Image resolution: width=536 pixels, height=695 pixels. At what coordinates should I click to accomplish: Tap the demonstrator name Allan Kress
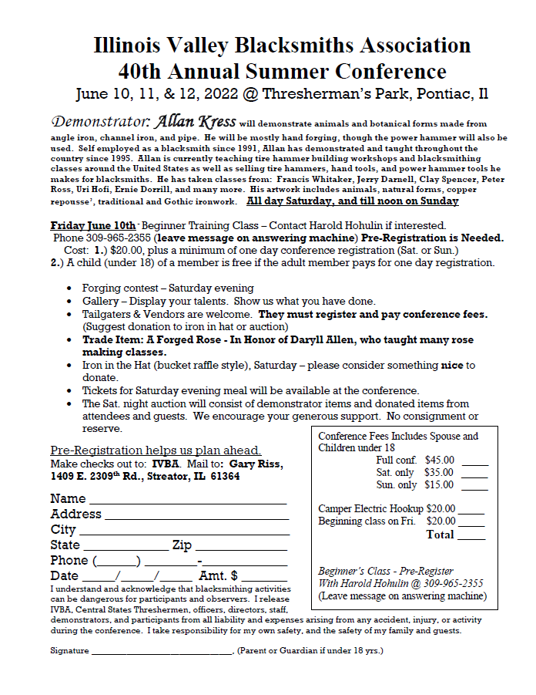tap(196, 122)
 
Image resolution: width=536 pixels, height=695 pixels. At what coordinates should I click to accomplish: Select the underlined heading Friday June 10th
tap(82, 226)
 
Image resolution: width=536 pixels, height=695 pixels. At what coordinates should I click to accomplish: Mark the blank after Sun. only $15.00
tap(474, 486)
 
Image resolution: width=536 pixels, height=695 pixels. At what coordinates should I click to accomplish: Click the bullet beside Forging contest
tap(69, 288)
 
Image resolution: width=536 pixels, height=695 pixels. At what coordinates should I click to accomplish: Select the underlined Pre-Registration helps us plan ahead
tap(156, 450)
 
